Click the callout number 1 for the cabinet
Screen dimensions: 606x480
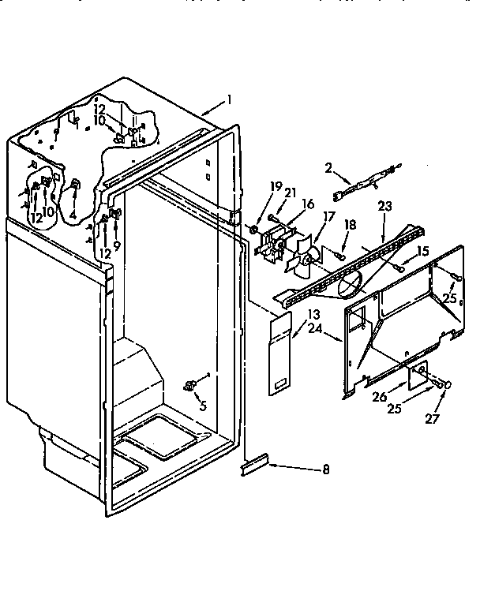229,99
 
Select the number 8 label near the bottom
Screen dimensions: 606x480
325,470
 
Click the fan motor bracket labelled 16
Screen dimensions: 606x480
274,242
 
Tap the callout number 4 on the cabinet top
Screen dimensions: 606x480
73,213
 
